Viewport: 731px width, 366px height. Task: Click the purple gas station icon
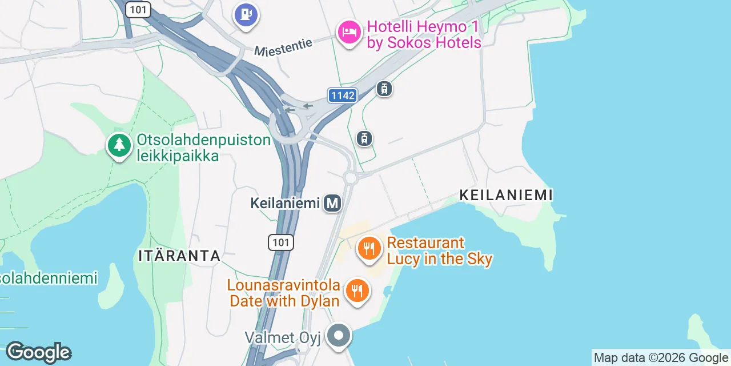tap(246, 14)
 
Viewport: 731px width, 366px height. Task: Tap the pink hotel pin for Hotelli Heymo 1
tap(348, 31)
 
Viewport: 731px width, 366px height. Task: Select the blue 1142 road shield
tap(343, 96)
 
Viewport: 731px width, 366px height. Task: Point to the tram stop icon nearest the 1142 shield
tap(384, 89)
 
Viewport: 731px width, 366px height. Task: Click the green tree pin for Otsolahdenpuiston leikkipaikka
tap(119, 145)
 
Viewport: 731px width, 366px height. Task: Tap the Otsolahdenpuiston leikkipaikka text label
tap(203, 148)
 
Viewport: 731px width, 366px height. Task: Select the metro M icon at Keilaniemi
tap(332, 203)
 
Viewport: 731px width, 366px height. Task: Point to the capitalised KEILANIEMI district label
tap(506, 195)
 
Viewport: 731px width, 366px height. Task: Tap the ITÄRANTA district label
tap(179, 256)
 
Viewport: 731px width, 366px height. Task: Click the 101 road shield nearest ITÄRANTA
tap(281, 242)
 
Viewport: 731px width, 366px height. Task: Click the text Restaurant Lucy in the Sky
tap(439, 251)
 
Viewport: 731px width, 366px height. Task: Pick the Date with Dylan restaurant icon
tap(358, 291)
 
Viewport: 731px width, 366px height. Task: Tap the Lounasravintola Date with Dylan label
tap(285, 293)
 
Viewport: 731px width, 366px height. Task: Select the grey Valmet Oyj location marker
tap(339, 336)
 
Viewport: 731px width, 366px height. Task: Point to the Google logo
tap(39, 352)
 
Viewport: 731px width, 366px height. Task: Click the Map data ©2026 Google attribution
tap(661, 358)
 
